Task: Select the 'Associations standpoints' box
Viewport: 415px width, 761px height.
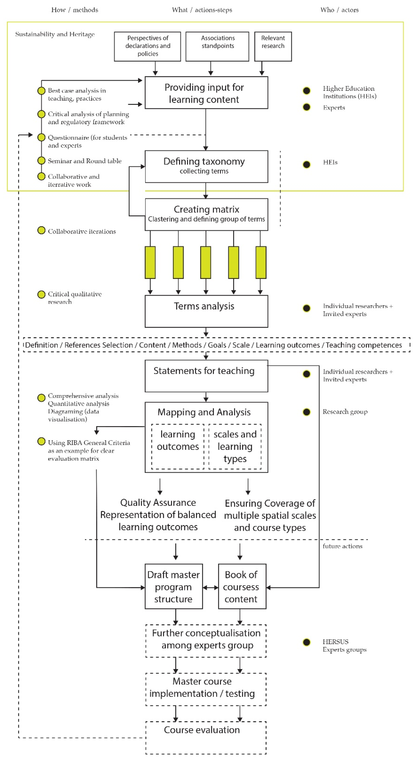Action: (217, 46)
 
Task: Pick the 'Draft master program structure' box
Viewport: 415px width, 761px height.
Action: (174, 586)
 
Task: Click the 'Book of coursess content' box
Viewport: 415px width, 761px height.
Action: (242, 586)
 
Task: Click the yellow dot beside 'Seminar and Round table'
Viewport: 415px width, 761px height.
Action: (41, 160)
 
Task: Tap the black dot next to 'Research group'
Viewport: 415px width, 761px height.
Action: (307, 412)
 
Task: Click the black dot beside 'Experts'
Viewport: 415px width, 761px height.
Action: (307, 107)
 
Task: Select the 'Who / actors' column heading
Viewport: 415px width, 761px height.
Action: (339, 10)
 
